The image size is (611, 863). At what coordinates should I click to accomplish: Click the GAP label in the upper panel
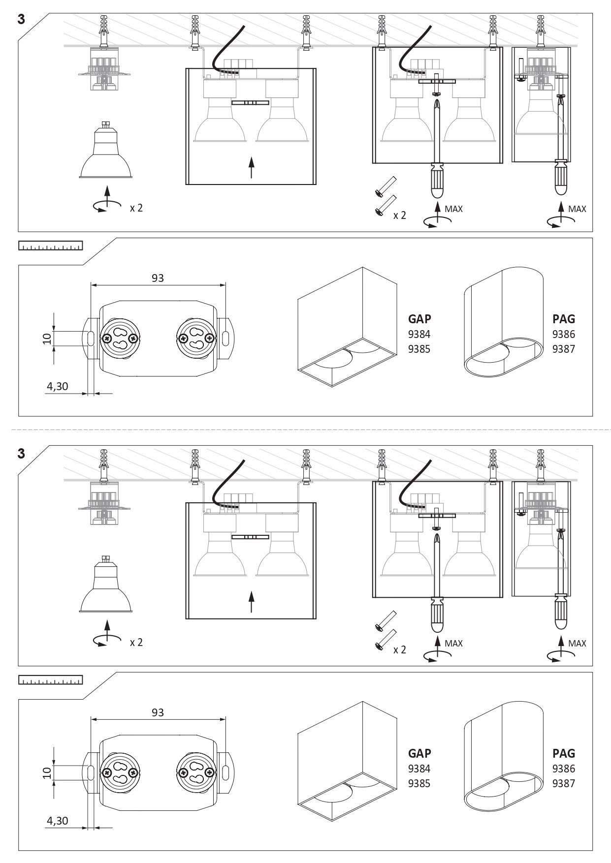pos(419,319)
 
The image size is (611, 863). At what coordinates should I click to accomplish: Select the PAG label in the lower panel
pos(564,753)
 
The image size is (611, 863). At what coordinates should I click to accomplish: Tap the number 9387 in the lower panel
pos(564,783)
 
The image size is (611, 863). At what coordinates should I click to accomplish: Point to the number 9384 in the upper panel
pos(419,334)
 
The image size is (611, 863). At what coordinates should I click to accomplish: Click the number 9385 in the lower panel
pos(419,783)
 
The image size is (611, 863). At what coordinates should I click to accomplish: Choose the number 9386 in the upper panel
pos(564,334)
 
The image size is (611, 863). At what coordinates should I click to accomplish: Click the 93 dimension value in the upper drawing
pos(158,278)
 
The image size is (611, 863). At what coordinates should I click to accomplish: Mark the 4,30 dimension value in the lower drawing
pos(57,821)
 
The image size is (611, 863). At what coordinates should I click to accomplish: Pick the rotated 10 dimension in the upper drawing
pos(47,339)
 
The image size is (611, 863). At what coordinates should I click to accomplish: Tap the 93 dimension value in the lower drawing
pos(158,712)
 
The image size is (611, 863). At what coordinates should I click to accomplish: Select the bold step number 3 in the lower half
pos(21,454)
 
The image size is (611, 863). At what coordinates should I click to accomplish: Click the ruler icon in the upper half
pos(50,246)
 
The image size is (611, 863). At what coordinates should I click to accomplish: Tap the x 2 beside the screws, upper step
pos(400,215)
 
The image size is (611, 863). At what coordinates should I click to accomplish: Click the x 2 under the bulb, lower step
pos(136,642)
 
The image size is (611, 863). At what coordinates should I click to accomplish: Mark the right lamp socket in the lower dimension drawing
pos(196,772)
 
